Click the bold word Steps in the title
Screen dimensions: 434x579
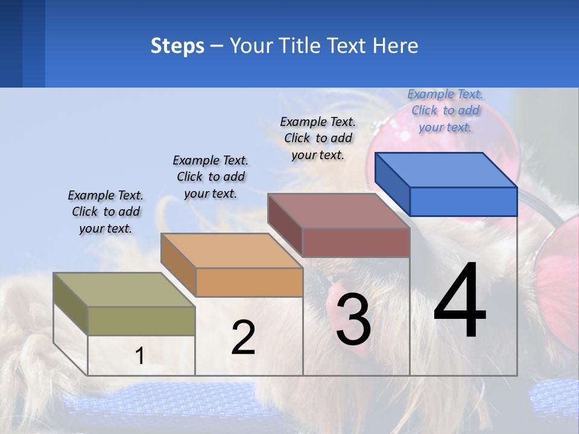pos(177,46)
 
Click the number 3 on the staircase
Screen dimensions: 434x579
pos(353,319)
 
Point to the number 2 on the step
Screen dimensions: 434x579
pos(243,338)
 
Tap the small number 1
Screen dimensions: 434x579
pos(140,356)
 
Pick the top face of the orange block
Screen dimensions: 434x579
pos(232,251)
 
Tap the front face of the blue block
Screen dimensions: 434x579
pos(463,201)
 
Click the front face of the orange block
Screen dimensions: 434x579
pos(249,282)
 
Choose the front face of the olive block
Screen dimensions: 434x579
pos(142,321)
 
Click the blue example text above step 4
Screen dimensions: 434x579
pos(445,110)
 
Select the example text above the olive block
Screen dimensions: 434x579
pos(106,212)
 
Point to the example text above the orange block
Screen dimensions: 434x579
pos(210,177)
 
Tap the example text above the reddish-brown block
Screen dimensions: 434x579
pos(318,138)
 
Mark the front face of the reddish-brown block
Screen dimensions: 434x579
pos(356,242)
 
